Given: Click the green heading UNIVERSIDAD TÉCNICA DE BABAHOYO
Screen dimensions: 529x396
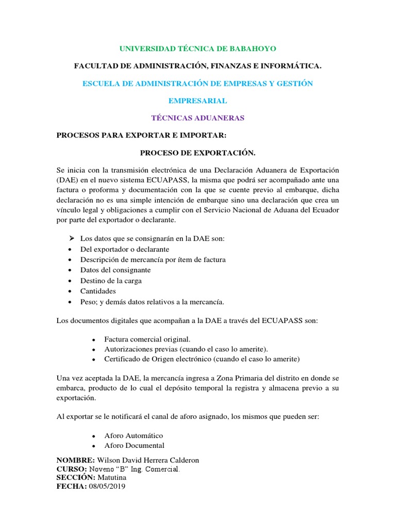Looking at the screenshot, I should coord(198,49).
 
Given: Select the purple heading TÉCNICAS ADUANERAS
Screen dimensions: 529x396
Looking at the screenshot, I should coord(198,118).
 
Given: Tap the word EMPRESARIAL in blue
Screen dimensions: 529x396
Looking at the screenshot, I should coord(198,101).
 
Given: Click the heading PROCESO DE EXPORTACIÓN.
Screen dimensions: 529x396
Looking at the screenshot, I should coord(198,153).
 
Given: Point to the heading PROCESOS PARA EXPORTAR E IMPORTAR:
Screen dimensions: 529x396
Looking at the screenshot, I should coord(141,135).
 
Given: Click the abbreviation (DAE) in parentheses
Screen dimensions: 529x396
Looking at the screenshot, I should coord(67,180).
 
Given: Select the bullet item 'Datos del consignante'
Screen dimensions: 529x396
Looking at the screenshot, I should coord(115,270).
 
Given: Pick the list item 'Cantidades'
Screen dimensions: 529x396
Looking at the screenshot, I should coord(98,291).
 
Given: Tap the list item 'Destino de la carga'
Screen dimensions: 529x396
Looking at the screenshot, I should coord(111,281).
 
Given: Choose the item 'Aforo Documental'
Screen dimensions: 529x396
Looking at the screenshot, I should coord(134,445).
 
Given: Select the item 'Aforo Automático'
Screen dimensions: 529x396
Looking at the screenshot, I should coord(134,435).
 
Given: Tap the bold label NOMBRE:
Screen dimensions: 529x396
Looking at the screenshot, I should coord(75,460).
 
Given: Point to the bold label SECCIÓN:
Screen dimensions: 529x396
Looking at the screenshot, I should coord(75,477).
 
